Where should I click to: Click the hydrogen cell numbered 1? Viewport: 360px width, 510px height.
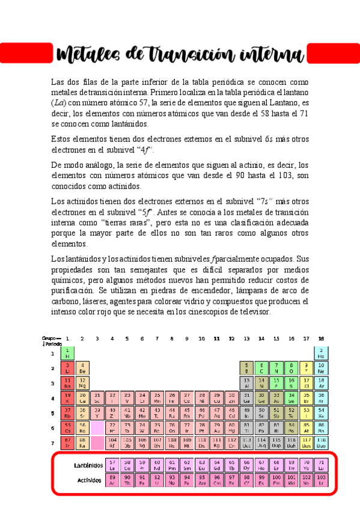(x=67, y=353)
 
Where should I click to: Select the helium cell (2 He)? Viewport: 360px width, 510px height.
(x=321, y=353)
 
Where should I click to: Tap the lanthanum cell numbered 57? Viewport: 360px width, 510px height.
(x=112, y=465)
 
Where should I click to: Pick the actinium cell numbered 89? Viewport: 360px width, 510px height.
(x=112, y=480)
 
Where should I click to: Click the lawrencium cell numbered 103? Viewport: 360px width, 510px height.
(x=321, y=480)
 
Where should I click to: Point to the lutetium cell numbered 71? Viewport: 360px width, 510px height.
(x=321, y=465)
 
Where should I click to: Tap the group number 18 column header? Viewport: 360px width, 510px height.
(x=321, y=339)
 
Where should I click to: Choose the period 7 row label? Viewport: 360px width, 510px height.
(x=53, y=443)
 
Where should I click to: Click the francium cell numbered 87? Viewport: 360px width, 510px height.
(x=67, y=443)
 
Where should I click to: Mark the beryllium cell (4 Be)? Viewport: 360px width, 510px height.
(x=82, y=368)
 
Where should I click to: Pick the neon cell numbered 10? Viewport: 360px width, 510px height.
(x=321, y=368)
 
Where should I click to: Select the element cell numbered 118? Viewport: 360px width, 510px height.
(x=321, y=443)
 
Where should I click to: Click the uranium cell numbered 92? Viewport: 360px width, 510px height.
(x=157, y=480)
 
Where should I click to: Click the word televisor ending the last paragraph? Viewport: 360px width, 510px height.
(x=254, y=313)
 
